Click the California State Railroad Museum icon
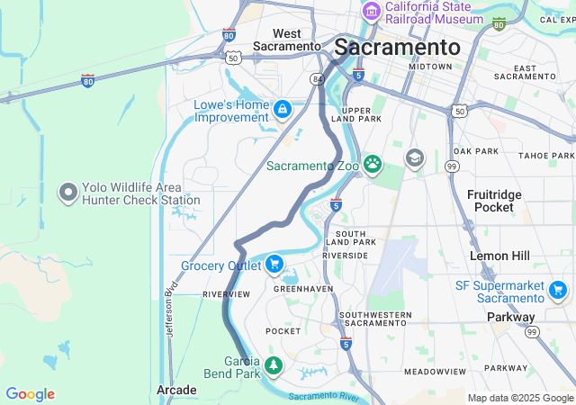click(371, 12)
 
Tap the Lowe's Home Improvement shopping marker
click(283, 109)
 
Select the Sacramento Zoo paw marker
click(372, 165)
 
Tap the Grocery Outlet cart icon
click(274, 265)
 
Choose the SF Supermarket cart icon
click(557, 290)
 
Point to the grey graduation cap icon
click(414, 158)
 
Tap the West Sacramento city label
click(286, 40)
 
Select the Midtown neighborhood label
click(430, 67)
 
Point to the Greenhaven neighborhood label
click(303, 289)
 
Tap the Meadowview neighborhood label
click(434, 371)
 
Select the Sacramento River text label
click(325, 396)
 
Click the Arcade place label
click(176, 390)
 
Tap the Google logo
click(30, 394)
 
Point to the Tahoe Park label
click(546, 155)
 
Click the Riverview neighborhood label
click(226, 294)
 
